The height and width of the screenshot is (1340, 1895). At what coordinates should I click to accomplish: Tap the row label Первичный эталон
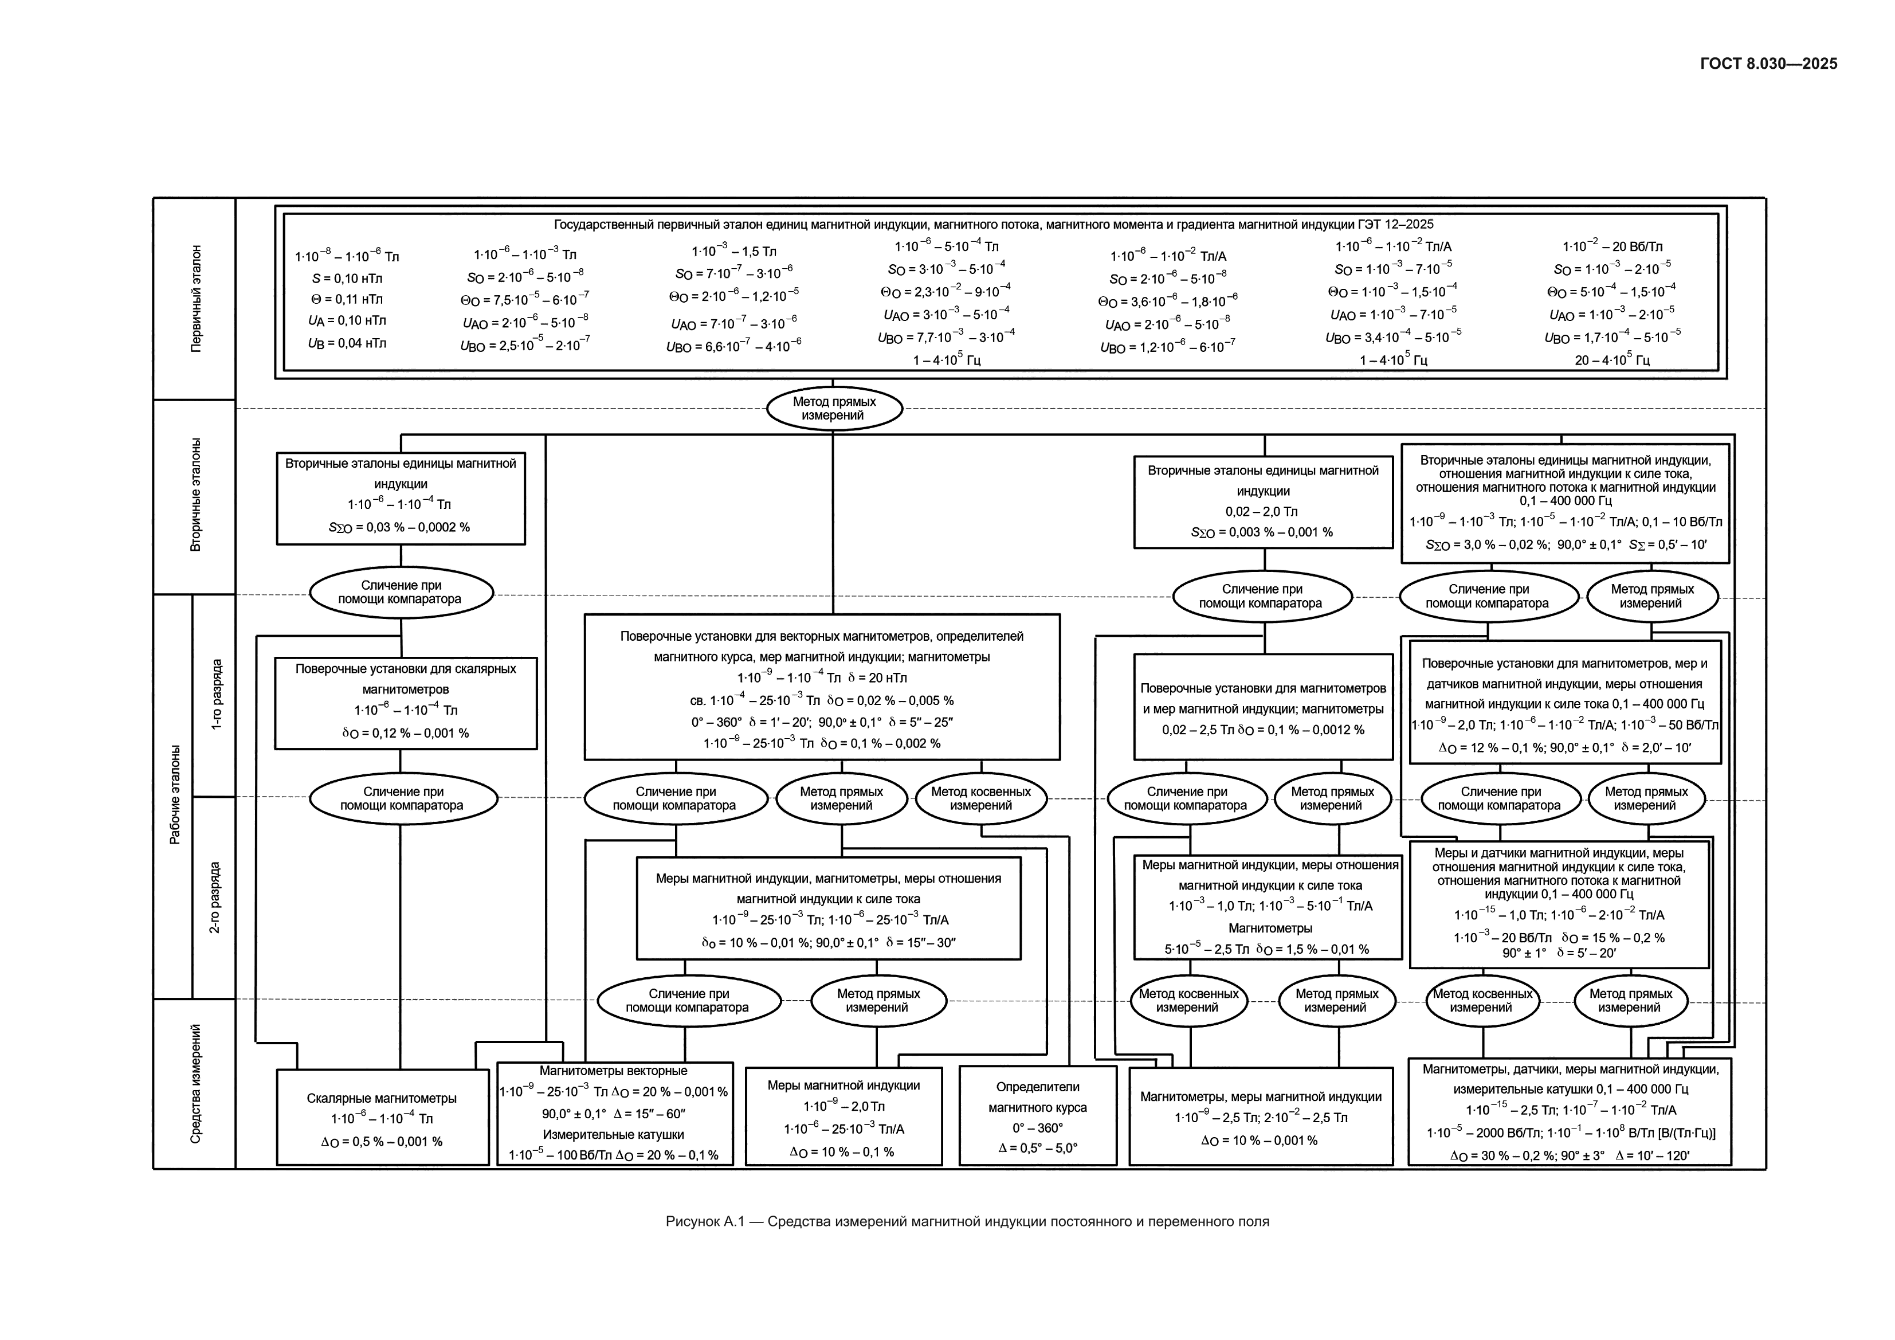pyautogui.click(x=195, y=299)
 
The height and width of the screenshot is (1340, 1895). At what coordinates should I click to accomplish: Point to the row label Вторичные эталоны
pyautogui.click(x=195, y=495)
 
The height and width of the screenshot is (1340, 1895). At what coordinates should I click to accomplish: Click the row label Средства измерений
pyautogui.click(x=195, y=1084)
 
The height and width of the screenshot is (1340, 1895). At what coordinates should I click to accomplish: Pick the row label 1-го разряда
pyautogui.click(x=216, y=694)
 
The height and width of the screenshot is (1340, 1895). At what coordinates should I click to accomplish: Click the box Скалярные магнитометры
pyautogui.click(x=383, y=1117)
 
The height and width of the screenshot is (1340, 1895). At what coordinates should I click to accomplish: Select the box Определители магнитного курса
pyautogui.click(x=1037, y=1115)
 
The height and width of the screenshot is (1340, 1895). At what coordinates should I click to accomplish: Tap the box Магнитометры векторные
pyautogui.click(x=615, y=1114)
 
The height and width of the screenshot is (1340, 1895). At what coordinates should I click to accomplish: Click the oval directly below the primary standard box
pyautogui.click(x=834, y=409)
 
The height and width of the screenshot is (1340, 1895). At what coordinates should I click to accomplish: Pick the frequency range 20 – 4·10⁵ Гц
pyautogui.click(x=1612, y=360)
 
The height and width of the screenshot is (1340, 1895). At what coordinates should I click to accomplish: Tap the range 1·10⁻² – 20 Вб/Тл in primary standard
pyautogui.click(x=1612, y=246)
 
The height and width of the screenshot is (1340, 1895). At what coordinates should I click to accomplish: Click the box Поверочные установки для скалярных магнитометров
pyautogui.click(x=406, y=703)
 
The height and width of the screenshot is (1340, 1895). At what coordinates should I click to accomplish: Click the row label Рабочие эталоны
pyautogui.click(x=175, y=795)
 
